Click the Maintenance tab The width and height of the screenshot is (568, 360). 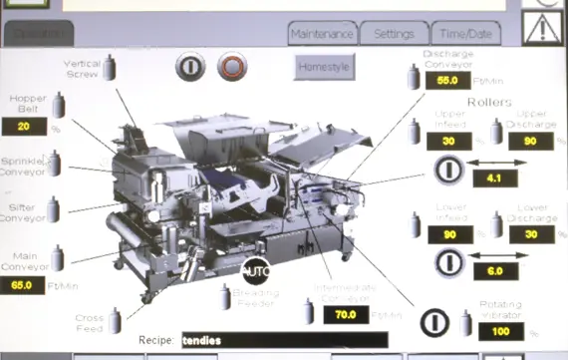pos(322,34)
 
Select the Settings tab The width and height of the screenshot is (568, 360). pos(394,34)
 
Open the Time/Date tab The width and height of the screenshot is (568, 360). pos(464,34)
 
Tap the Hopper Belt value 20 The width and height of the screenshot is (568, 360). pos(26,127)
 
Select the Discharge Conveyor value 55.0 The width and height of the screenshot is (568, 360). pos(446,81)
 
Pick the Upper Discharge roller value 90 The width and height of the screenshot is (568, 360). pos(529,142)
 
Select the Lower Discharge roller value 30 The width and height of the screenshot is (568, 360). pos(529,234)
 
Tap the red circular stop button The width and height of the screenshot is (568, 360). pos(231,68)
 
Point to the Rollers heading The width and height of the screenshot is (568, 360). pos(488,103)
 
